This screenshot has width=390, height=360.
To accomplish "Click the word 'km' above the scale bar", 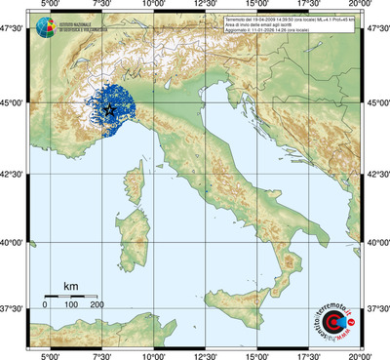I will coord(70,285).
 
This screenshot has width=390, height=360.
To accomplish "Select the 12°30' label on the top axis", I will coord(205,8).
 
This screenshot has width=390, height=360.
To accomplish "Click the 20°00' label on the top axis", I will coord(362,8).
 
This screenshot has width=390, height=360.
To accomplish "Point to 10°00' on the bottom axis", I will coord(152,354).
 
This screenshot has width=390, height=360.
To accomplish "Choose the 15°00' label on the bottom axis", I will coord(257,354).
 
